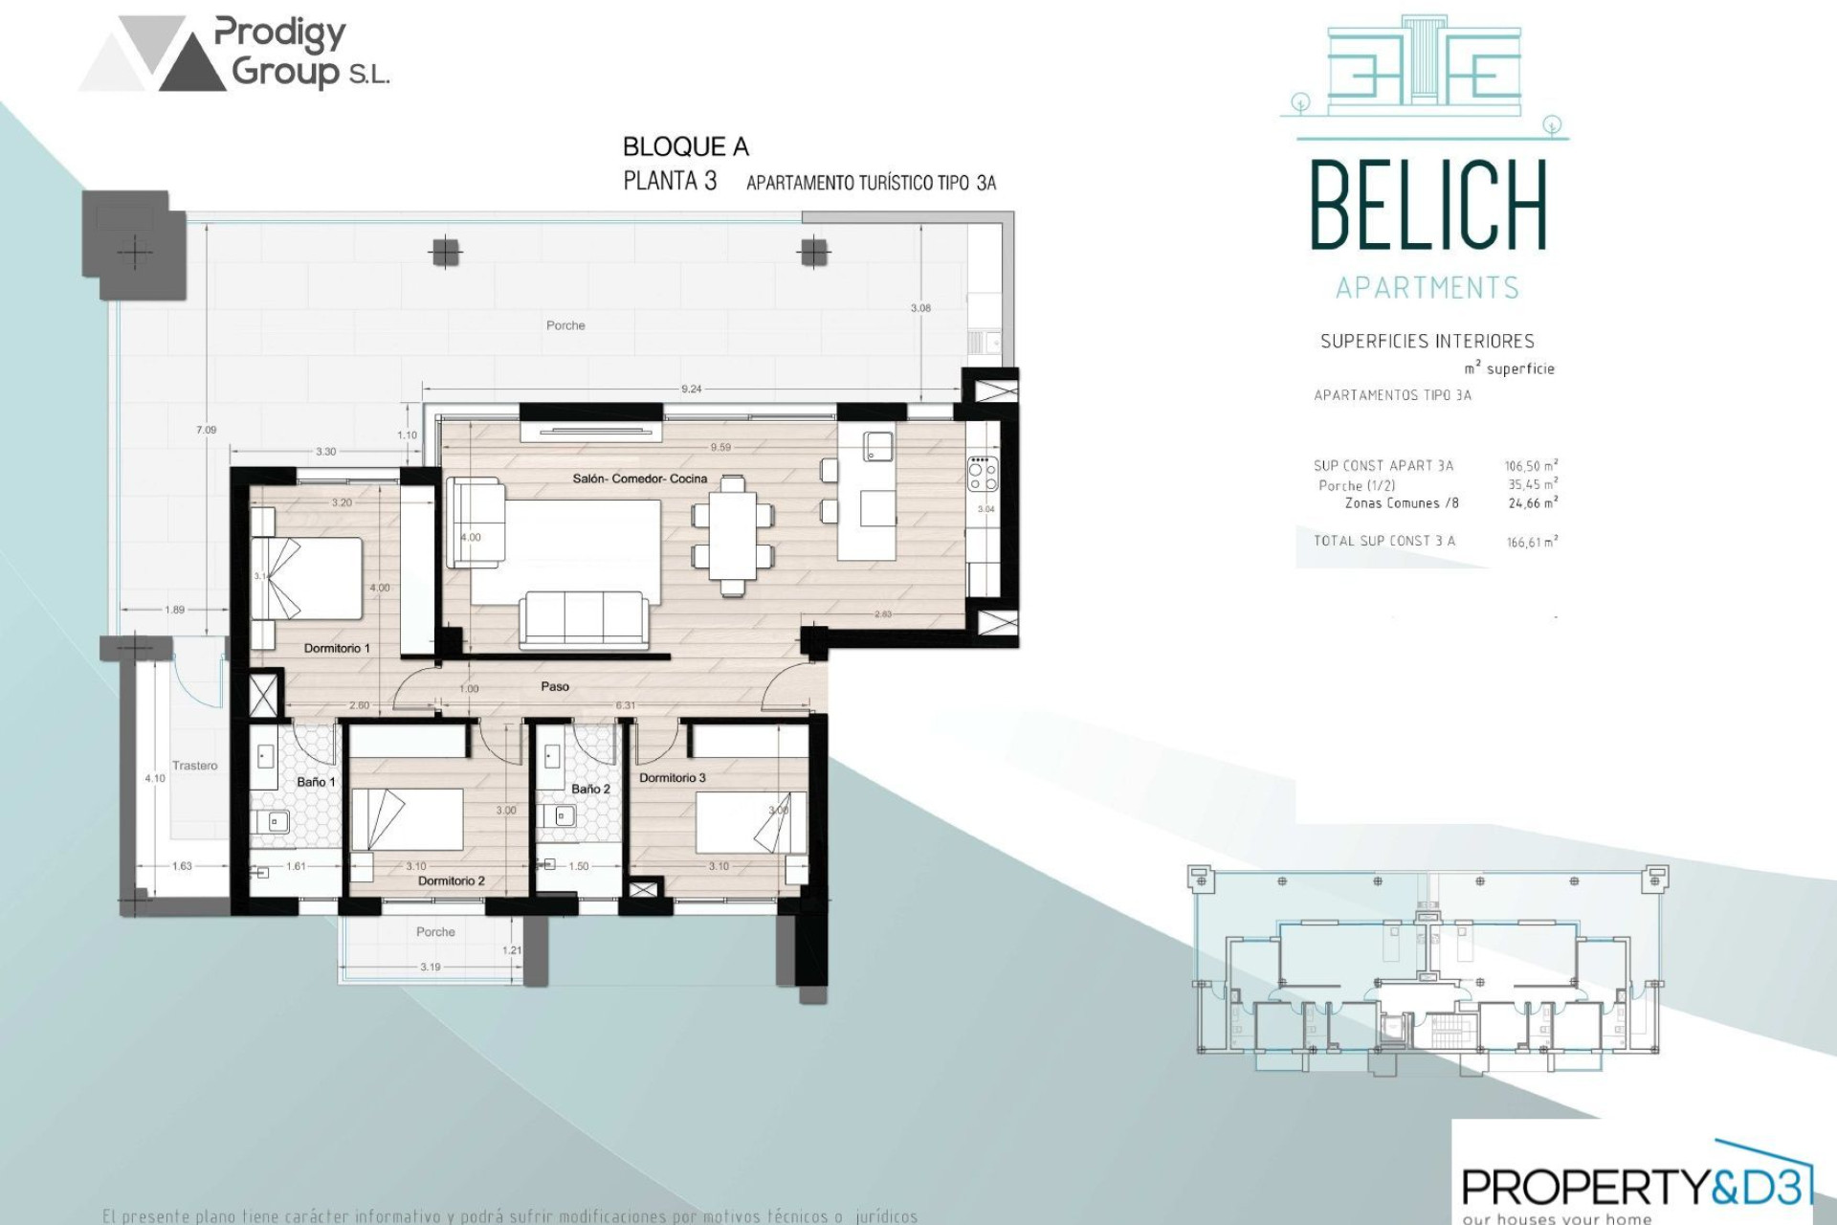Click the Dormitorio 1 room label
point(336,648)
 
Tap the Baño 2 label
point(589,789)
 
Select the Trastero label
point(194,766)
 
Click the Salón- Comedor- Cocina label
point(639,479)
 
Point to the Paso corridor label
point(554,686)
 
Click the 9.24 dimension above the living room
point(691,389)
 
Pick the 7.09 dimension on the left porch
point(207,430)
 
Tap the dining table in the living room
point(733,536)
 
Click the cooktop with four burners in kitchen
point(983,474)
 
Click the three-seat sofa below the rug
point(583,618)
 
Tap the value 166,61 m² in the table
point(1532,542)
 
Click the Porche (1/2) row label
point(1356,485)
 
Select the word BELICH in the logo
point(1428,206)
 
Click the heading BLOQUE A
point(685,146)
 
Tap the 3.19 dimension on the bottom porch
point(431,967)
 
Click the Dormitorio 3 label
point(672,777)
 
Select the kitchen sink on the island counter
point(877,446)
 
